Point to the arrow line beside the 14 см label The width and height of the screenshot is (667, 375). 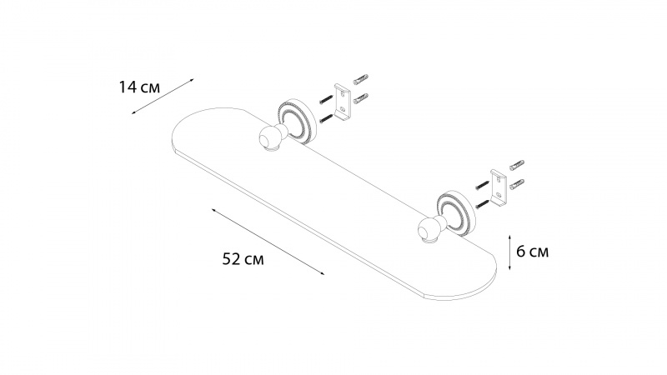click(x=163, y=99)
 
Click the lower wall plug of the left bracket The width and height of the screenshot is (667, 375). click(x=361, y=99)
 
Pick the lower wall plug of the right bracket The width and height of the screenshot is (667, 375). click(x=516, y=181)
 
